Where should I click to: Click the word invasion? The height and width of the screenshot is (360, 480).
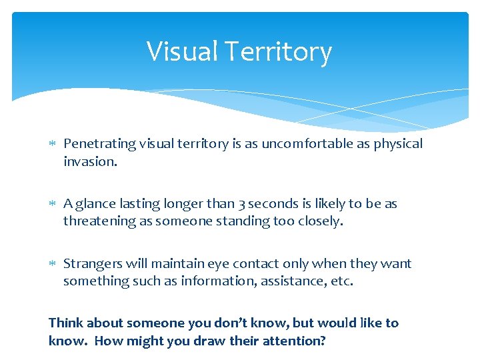[x=90, y=161]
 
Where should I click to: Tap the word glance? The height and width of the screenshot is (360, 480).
[x=96, y=204]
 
